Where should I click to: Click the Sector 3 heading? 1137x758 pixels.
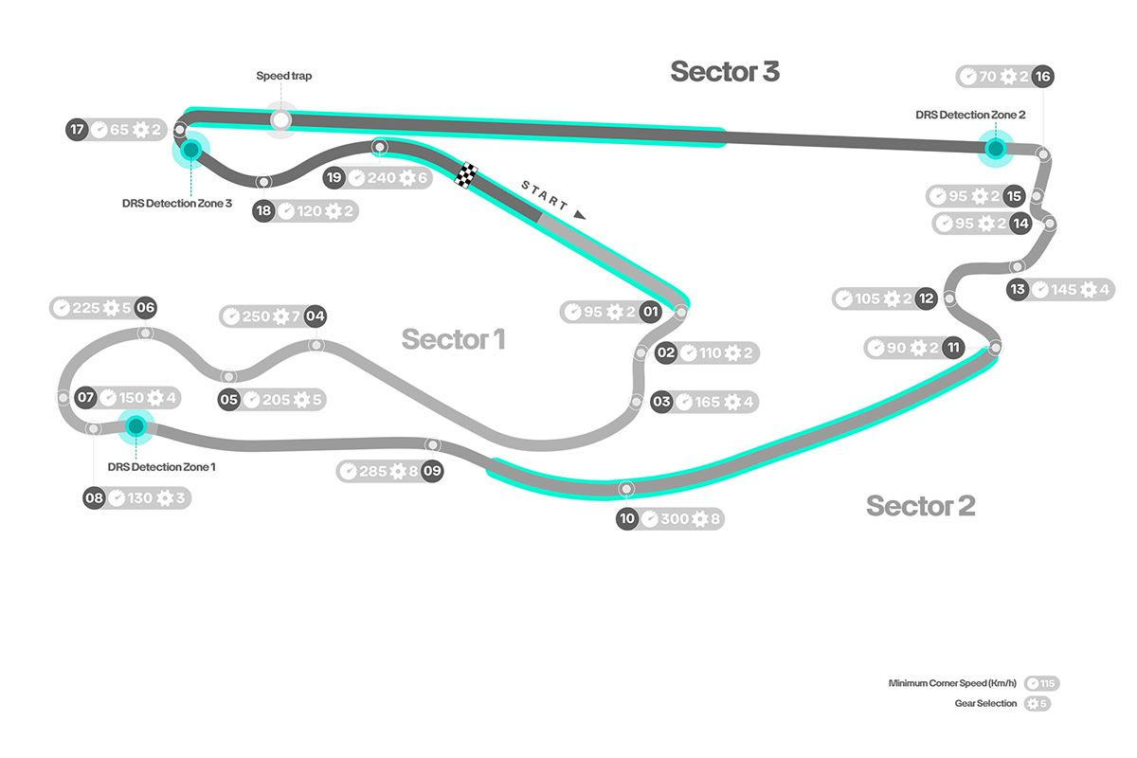(725, 72)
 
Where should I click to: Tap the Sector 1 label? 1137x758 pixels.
(453, 339)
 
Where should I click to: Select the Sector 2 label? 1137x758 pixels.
(920, 506)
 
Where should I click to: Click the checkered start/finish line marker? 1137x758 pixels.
(467, 175)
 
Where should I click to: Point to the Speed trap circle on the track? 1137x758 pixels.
(280, 120)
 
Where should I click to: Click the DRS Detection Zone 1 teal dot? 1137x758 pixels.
(135, 426)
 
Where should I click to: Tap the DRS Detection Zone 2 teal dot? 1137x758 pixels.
(995, 148)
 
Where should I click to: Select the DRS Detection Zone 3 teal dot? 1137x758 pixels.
(191, 149)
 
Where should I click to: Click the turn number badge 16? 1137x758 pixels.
(1042, 77)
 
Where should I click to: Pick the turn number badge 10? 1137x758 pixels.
(627, 519)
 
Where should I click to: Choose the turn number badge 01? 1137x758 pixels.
(650, 312)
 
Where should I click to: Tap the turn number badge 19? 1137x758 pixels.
(334, 177)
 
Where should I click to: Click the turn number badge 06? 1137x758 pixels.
(145, 307)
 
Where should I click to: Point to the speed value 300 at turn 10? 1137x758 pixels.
(675, 519)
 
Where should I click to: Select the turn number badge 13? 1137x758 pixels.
(1018, 290)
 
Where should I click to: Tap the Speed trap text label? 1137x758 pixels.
(284, 76)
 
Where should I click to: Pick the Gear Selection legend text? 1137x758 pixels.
(985, 703)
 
